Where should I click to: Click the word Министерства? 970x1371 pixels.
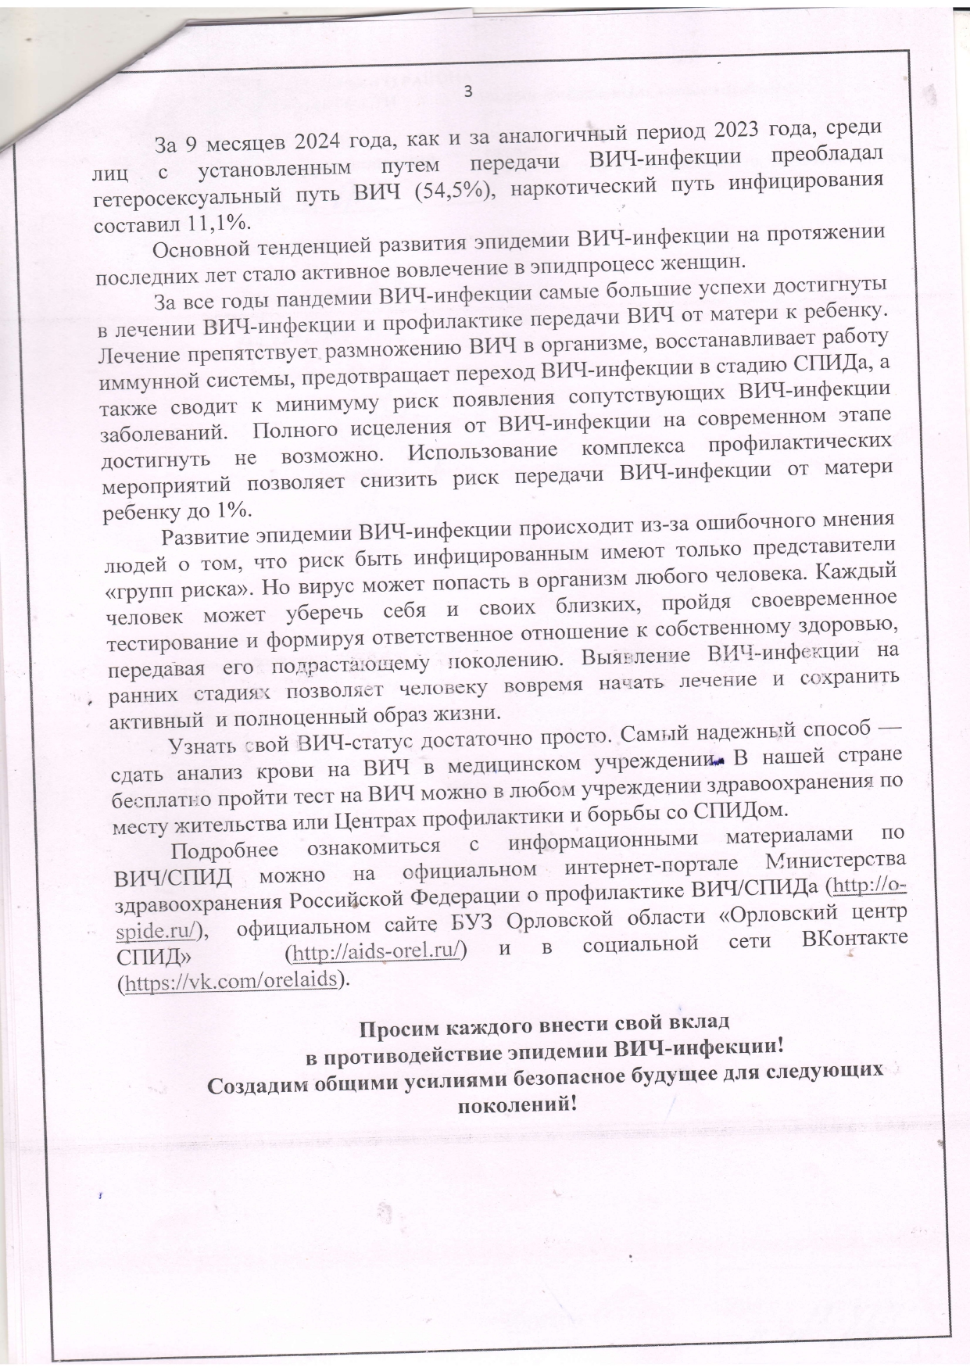click(836, 862)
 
